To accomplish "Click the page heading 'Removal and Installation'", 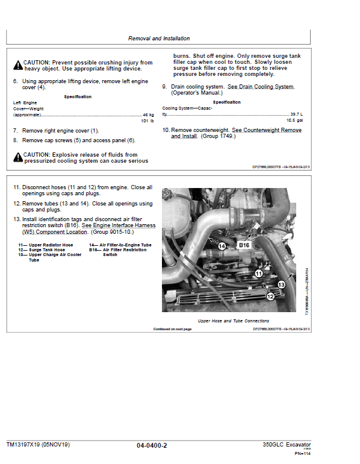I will pos(159,39).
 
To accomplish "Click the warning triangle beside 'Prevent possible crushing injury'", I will pos(17,63).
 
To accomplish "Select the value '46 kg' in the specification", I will pos(148,114).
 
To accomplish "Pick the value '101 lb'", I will pos(147,121).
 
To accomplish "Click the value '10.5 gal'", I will pos(296,121).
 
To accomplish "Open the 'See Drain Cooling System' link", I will pos(260,87).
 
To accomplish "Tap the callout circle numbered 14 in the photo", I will pos(222,246).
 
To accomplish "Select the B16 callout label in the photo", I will pos(244,245).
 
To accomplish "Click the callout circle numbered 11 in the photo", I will pos(259,274).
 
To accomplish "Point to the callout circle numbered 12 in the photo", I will pos(270,296).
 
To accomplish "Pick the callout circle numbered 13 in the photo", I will pos(281,284).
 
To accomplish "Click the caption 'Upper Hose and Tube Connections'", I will pos(234,321).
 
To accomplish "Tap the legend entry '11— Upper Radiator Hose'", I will pos(46,245).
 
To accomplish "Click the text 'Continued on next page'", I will pos(172,329).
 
